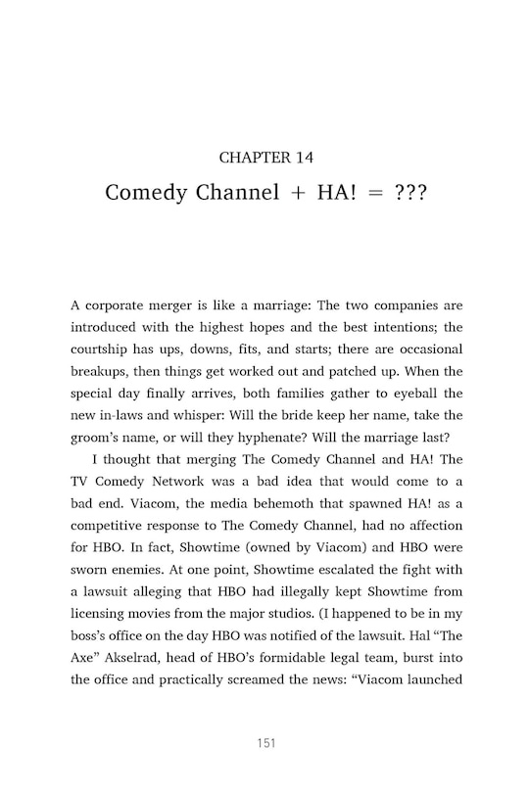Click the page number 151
[x=264, y=743]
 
